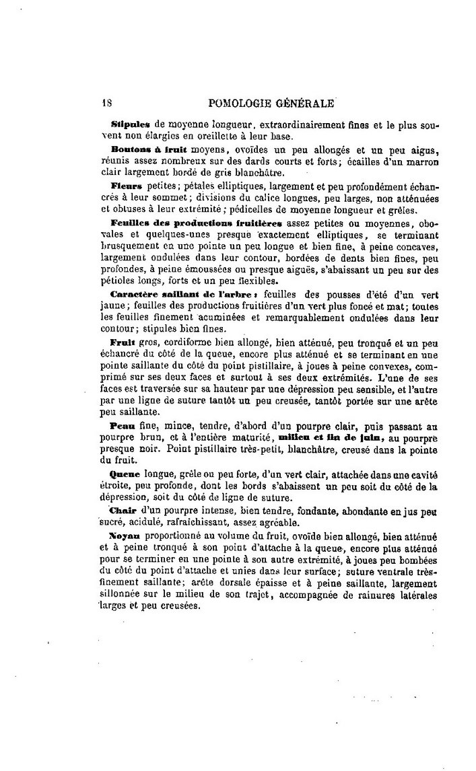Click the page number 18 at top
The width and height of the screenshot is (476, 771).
(x=105, y=103)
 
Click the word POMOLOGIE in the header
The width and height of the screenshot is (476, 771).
(x=242, y=103)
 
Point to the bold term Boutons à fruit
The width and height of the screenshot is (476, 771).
(x=141, y=149)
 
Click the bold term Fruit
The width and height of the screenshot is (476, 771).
(x=121, y=342)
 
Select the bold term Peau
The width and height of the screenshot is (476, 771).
(x=122, y=426)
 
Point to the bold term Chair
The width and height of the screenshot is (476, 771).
(x=122, y=511)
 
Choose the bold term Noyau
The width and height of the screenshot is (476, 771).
(x=123, y=536)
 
